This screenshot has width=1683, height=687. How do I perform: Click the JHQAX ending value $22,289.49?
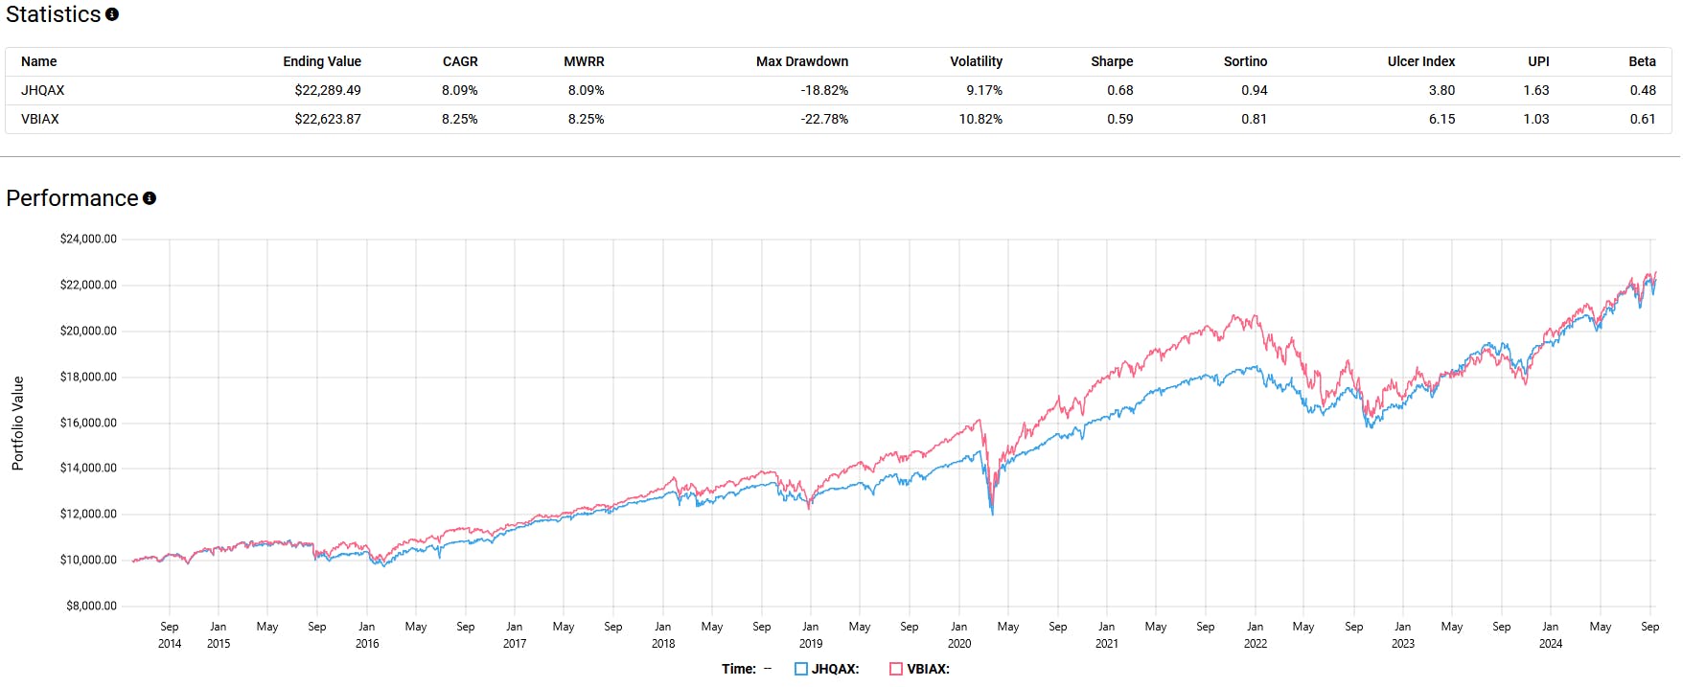point(328,90)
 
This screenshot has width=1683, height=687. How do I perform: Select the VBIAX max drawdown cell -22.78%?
point(824,119)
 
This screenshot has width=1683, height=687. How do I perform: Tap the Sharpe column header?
point(1112,61)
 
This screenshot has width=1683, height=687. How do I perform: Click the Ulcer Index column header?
point(1420,61)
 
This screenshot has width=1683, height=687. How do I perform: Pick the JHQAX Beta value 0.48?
point(1642,90)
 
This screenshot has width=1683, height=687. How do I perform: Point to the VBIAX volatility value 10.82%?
point(980,119)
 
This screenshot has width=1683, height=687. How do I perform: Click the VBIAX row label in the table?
point(40,119)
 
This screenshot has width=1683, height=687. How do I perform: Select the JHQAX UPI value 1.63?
point(1535,90)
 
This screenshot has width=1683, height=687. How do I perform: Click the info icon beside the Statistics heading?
point(112,14)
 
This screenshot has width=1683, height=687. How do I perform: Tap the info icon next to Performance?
point(150,198)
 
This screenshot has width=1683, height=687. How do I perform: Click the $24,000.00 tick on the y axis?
point(88,239)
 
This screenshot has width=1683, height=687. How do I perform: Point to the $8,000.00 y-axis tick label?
point(91,606)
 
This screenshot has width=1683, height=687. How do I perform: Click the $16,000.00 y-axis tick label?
point(88,423)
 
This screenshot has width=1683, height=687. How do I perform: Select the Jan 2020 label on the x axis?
point(958,634)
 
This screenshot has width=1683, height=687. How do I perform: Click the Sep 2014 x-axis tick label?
point(170,634)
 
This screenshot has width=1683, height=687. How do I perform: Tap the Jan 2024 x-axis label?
point(1550,634)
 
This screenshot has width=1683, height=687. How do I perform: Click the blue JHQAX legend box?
point(801,669)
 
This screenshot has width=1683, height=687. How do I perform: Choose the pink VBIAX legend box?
point(896,669)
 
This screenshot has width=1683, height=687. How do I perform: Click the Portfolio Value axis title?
point(17,423)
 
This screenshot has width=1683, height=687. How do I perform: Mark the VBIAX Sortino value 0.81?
point(1254,119)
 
